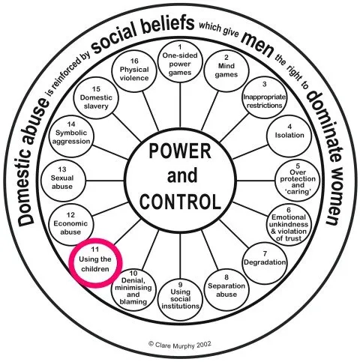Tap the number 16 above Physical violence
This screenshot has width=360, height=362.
[x=134, y=61]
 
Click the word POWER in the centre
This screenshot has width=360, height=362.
[x=180, y=151]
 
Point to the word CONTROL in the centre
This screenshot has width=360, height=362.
[x=180, y=202]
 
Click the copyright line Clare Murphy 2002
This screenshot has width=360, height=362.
[x=180, y=345]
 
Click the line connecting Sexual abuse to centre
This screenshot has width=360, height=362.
[x=105, y=181]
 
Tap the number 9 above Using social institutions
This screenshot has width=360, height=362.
[x=180, y=285]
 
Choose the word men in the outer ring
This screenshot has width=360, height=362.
[x=257, y=45]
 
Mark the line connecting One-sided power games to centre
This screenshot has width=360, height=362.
[x=180, y=104]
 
